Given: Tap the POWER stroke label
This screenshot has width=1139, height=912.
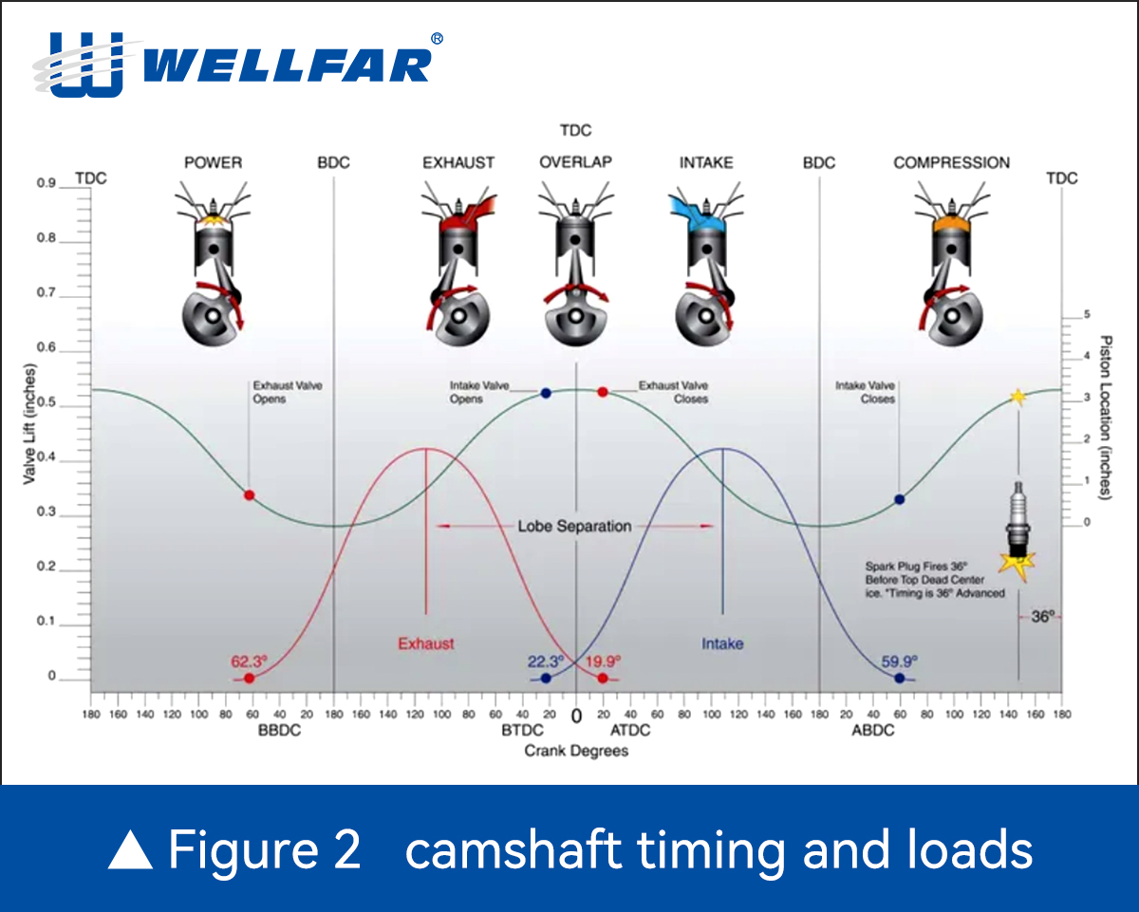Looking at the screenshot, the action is [x=214, y=162].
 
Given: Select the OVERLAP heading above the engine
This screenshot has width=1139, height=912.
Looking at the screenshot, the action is [x=576, y=162].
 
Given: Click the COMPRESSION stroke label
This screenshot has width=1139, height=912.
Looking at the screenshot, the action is [x=952, y=162].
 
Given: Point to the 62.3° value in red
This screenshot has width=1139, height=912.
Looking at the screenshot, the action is [x=249, y=661].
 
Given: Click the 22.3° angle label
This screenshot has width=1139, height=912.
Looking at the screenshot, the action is [x=546, y=661].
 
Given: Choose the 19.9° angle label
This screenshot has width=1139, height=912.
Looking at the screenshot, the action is [x=604, y=661].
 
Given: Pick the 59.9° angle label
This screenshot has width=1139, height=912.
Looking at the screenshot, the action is [x=899, y=661].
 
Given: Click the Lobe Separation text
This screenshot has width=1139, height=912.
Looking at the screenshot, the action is [x=575, y=526].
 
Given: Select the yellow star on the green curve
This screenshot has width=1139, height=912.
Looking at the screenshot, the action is [x=1018, y=397].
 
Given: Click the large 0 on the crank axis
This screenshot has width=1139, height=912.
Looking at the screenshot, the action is [x=576, y=717].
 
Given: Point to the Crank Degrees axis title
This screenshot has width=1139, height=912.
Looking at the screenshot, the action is [x=576, y=751].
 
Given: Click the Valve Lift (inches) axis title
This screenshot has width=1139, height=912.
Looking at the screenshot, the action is [x=29, y=424].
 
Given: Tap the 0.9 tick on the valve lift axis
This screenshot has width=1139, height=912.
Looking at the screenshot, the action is [x=47, y=183].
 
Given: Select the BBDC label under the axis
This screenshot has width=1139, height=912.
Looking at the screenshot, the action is [x=279, y=731].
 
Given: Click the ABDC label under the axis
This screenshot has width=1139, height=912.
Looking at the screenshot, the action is [x=873, y=731].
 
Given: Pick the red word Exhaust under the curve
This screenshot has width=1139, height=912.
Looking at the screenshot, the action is [x=426, y=643].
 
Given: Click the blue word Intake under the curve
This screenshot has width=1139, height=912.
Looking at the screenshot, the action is [x=722, y=643].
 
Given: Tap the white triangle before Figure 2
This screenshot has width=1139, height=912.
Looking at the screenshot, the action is [x=130, y=849].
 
